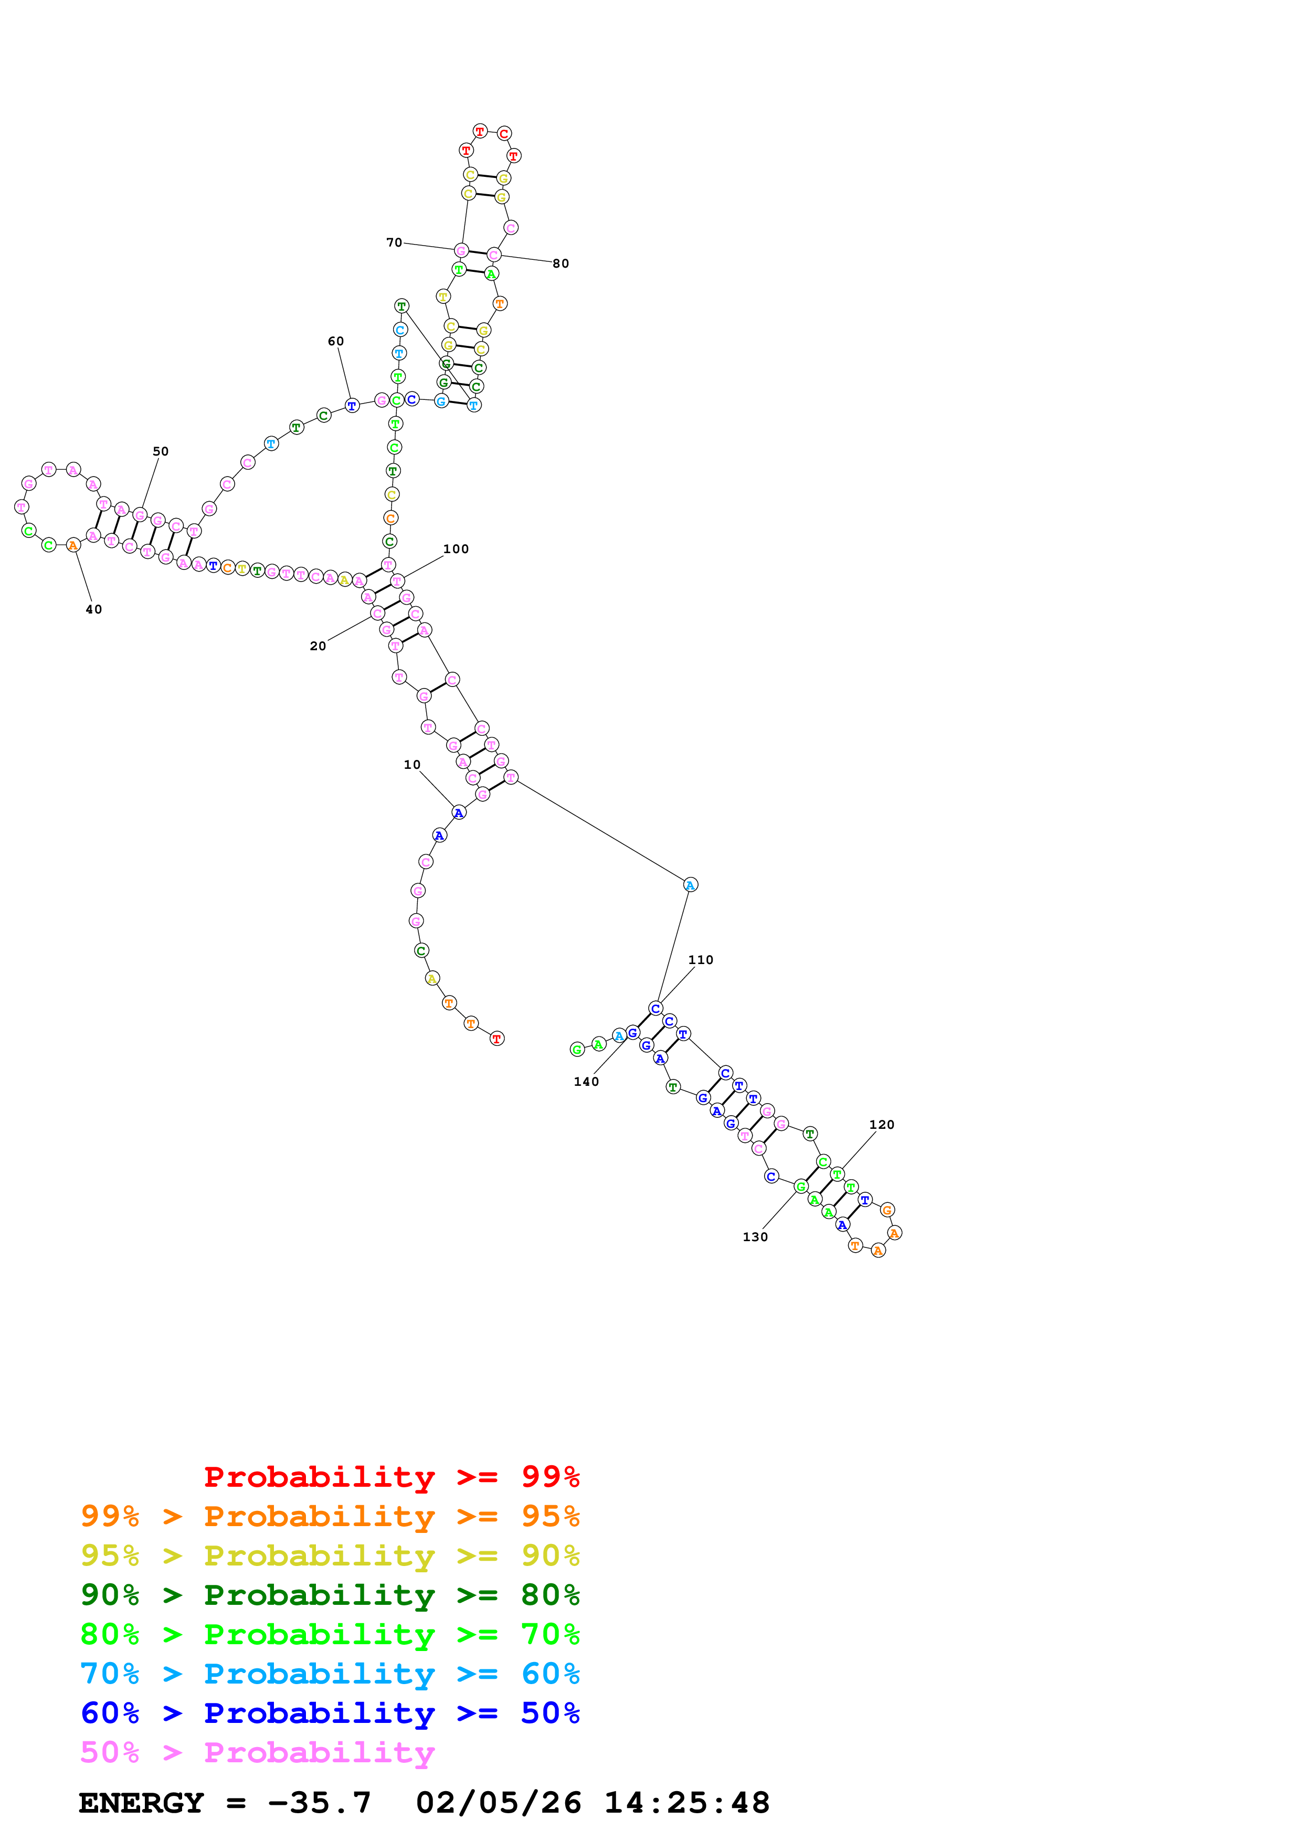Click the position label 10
point(412,765)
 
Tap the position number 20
point(318,646)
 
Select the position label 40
point(94,609)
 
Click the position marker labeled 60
point(336,342)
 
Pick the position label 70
point(394,242)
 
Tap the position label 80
point(561,264)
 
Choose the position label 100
point(456,549)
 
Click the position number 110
point(701,960)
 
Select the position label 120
point(882,1125)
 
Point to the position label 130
point(755,1237)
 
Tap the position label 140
point(586,1082)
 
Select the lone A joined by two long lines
point(690,885)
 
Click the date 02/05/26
point(499,1803)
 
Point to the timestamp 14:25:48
point(687,1803)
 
